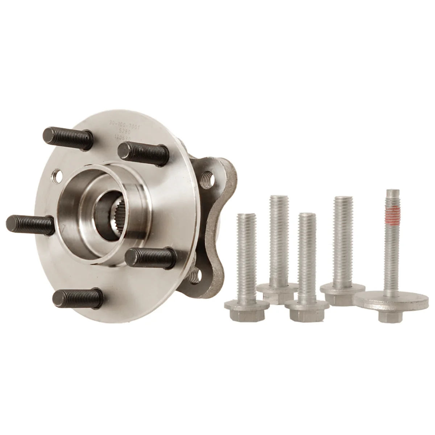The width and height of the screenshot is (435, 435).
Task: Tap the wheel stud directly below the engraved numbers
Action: (x=144, y=152)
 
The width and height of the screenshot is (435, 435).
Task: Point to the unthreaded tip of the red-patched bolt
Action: (x=391, y=196)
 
